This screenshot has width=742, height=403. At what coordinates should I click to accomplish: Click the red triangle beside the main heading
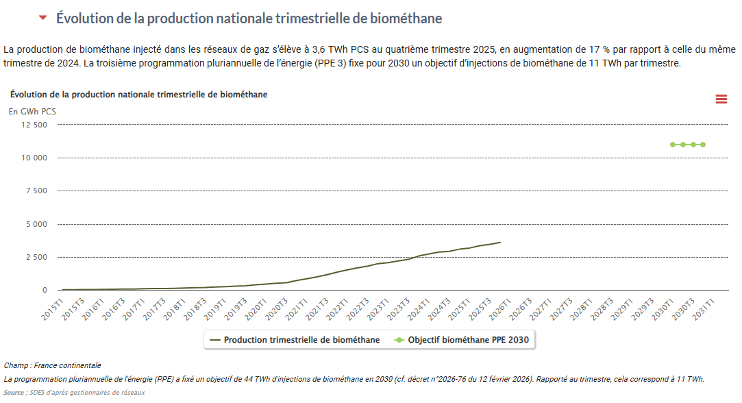coord(43,18)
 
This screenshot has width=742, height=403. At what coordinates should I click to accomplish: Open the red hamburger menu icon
coord(721,99)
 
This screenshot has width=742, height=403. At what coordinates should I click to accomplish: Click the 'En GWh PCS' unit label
coord(32,111)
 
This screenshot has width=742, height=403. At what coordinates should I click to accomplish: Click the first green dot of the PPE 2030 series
coord(673,145)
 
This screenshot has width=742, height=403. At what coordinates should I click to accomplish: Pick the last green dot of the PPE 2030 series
coord(703,145)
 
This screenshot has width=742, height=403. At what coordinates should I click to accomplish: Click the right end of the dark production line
coord(500,243)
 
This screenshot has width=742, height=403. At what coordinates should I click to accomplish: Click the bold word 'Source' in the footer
coord(15,393)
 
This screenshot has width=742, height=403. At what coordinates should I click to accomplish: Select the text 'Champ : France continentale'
coord(52,365)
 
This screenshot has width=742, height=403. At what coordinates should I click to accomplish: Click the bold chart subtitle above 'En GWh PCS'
coord(139,95)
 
